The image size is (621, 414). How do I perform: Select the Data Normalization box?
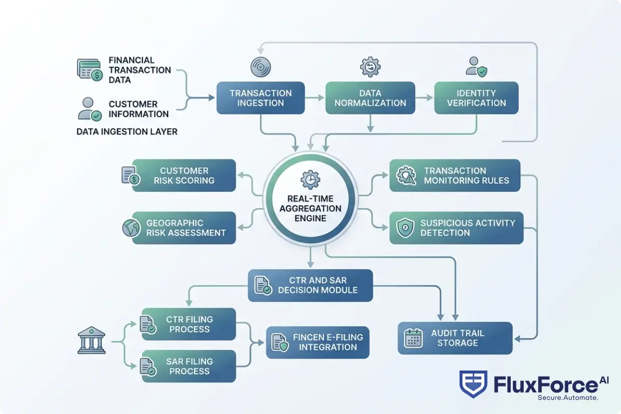[x=370, y=98]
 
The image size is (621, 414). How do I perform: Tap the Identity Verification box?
[x=476, y=98]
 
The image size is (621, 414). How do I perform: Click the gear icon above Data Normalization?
[x=370, y=67]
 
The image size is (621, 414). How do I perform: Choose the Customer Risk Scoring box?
[x=184, y=175]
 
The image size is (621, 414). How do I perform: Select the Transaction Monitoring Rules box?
[x=455, y=175]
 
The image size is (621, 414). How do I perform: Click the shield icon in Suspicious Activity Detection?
[x=405, y=228]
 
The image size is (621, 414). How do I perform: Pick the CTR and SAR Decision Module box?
[x=310, y=285]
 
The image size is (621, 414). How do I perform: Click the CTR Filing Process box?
[x=189, y=324]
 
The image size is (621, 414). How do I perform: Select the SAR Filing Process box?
[x=189, y=366]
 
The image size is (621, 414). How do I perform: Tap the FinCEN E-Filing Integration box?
[x=317, y=342]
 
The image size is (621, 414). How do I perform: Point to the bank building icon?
[x=91, y=340]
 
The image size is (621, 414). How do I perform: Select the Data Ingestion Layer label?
[x=127, y=131]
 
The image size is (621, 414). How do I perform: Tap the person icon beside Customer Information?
[x=88, y=109]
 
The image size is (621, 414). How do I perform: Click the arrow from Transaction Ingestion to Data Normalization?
[x=314, y=98]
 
